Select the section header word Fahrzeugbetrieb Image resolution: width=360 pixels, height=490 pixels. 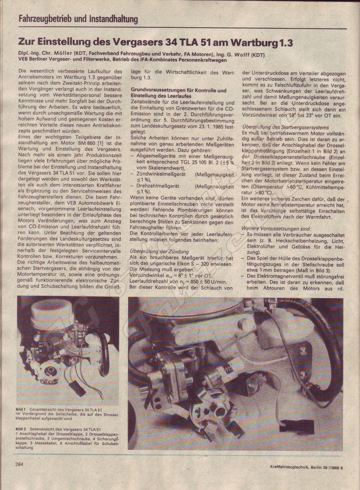(45, 20)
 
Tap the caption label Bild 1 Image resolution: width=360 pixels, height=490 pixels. (21, 409)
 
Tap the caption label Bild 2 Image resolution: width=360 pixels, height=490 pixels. (21, 429)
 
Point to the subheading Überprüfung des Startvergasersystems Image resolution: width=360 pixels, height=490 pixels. (285, 127)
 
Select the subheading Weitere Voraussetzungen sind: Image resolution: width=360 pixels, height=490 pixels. (277, 229)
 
